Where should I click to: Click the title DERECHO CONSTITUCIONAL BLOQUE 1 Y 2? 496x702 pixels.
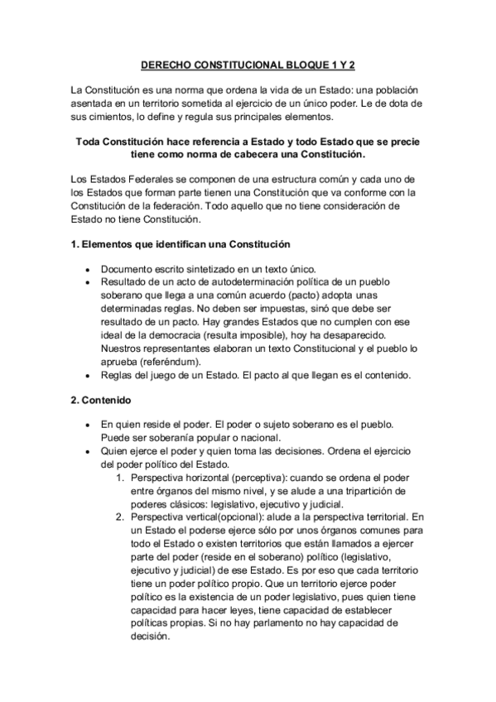[248, 63]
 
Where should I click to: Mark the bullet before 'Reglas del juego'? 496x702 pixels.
[88, 377]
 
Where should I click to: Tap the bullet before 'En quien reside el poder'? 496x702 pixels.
[88, 423]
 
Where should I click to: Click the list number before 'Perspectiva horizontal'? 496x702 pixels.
[121, 478]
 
